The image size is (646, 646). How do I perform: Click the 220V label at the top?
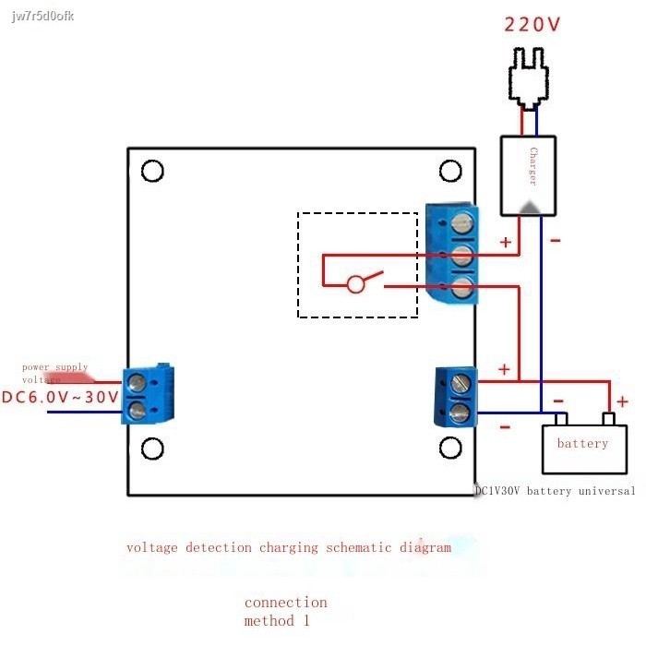532,24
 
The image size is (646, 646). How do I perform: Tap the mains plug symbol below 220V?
532,78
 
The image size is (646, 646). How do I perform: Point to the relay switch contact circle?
356,284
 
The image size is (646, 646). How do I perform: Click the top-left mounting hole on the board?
152,171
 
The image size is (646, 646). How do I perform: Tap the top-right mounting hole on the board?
450,171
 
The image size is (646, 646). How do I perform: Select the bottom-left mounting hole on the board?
152,449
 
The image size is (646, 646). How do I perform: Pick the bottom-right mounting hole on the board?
450,449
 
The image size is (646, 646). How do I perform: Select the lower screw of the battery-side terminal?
460,411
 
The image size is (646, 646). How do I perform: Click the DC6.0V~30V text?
60,398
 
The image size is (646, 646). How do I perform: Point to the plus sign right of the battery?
622,401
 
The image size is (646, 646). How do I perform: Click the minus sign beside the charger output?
555,241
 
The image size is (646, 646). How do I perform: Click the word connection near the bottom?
286,603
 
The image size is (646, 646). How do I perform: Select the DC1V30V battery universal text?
555,491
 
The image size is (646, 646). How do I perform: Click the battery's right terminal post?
608,420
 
